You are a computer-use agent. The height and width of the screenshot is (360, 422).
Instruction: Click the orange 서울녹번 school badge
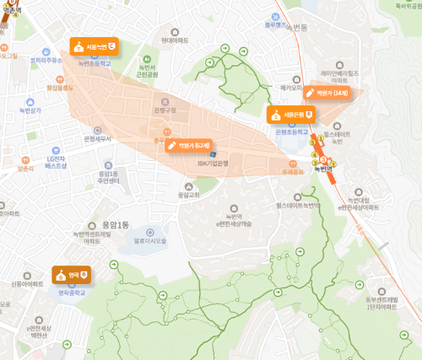point(94,46)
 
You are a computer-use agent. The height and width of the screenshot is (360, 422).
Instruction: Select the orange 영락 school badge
point(72,274)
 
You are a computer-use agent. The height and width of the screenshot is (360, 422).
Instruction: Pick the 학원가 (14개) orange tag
point(327,92)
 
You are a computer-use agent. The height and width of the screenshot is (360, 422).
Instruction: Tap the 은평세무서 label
point(97,138)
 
